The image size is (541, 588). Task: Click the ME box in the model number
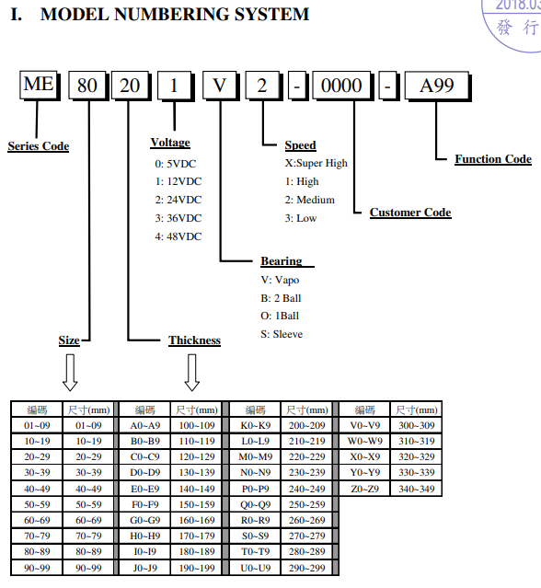tap(39, 86)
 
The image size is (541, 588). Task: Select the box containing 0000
tap(342, 86)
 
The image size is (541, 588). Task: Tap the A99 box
tap(438, 86)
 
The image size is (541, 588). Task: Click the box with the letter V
tap(221, 86)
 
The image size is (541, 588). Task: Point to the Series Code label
tap(39, 146)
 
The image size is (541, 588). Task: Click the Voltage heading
tap(170, 143)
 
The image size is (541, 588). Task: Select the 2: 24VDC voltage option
tap(178, 200)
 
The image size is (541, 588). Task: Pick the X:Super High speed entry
tap(317, 164)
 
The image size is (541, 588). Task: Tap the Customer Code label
tap(410, 213)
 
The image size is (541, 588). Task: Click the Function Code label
tap(493, 159)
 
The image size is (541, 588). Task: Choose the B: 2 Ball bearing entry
tap(281, 298)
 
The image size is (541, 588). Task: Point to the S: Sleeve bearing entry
tap(282, 334)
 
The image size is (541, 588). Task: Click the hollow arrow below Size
tap(70, 373)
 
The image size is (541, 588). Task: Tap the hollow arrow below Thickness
tap(192, 373)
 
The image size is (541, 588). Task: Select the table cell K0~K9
tap(255, 426)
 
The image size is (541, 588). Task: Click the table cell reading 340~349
tap(417, 489)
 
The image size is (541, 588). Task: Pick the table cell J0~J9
tap(144, 568)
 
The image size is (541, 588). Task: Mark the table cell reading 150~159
tap(197, 505)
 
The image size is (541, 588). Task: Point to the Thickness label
tap(194, 340)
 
